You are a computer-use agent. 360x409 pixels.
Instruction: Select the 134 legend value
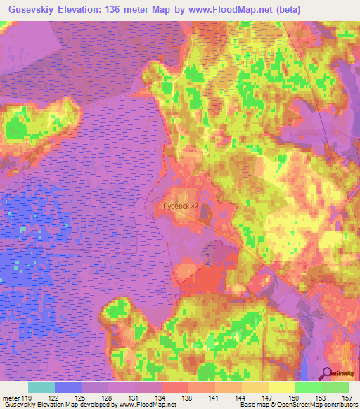[x=161, y=398]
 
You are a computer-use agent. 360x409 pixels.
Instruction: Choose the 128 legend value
[x=108, y=398]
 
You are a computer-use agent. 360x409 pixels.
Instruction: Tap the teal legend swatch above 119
[x=41, y=387]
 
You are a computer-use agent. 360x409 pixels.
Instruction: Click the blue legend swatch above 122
[x=68, y=387]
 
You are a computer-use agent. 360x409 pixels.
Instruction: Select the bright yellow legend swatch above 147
[x=281, y=387]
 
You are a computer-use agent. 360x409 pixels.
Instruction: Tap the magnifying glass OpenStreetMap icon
[x=328, y=373]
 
